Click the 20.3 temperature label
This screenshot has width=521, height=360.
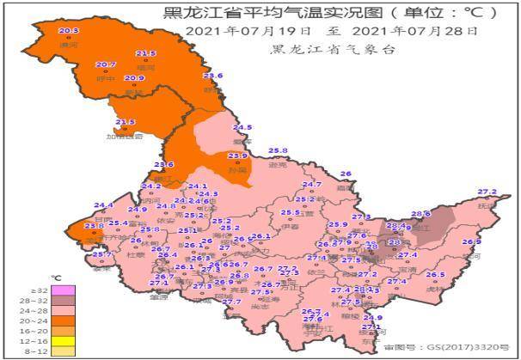point(69,31)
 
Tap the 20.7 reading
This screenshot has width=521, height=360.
point(105,64)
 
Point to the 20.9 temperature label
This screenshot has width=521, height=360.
point(134,78)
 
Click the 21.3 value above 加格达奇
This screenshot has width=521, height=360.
point(126,123)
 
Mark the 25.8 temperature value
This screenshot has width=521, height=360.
point(278,150)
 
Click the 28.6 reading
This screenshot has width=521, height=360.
point(420,214)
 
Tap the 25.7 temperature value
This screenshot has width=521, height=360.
point(102,255)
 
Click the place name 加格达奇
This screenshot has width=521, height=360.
point(125,136)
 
